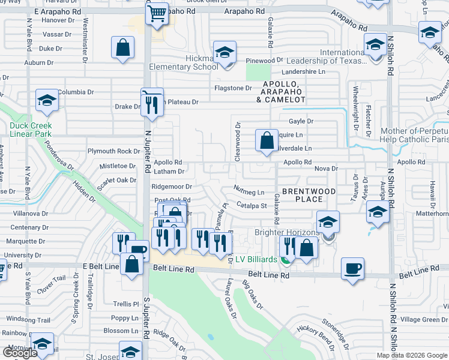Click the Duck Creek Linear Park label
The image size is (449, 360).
[31, 130]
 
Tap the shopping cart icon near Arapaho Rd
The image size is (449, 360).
[157, 13]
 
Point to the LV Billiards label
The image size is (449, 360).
[256, 259]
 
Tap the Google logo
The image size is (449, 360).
[20, 352]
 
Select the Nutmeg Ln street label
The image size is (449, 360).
[249, 191]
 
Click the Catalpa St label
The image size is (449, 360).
[251, 206]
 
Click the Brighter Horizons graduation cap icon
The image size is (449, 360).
[328, 224]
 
